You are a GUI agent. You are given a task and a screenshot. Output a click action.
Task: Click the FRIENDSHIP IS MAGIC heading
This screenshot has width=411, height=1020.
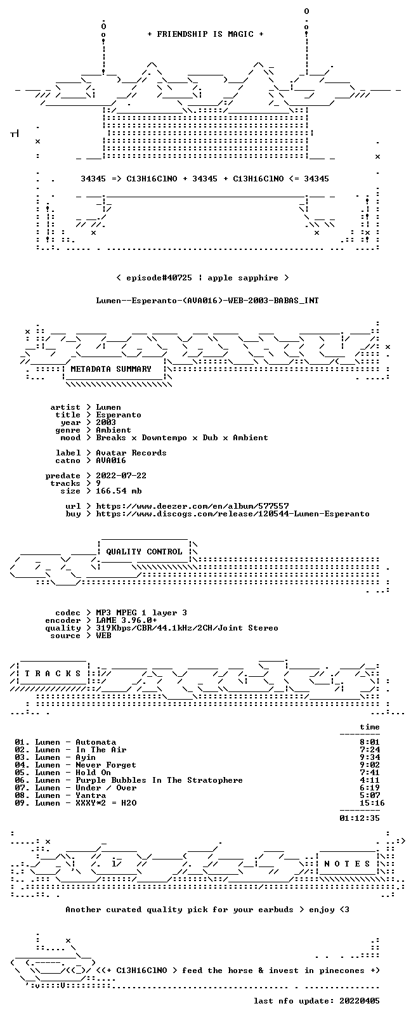[x=205, y=34]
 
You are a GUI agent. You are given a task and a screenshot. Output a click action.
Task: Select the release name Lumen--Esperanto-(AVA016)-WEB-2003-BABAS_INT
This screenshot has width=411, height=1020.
[x=207, y=301]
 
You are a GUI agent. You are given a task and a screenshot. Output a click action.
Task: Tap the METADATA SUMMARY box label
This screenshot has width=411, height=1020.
[x=111, y=369]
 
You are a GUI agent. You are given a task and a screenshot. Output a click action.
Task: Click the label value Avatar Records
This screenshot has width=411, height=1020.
[x=131, y=453]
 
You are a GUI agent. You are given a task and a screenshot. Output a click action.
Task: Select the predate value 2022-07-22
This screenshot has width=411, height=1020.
[x=121, y=475]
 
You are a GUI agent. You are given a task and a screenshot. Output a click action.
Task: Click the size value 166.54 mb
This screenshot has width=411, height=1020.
[x=119, y=491]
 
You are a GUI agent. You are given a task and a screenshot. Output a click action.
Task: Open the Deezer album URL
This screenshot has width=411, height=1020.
[x=192, y=506]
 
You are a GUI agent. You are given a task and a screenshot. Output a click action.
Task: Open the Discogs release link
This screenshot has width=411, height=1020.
[x=233, y=514]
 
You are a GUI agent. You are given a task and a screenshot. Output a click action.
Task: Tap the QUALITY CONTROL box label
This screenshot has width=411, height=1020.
[x=144, y=551]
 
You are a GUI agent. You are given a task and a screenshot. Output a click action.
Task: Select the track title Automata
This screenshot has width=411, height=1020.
[x=96, y=742]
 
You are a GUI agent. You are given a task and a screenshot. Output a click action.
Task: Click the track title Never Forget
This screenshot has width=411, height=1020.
[x=105, y=765]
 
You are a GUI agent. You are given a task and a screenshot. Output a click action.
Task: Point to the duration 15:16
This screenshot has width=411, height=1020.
[x=372, y=803]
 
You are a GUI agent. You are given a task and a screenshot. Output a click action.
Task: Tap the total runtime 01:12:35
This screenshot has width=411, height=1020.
[x=360, y=818]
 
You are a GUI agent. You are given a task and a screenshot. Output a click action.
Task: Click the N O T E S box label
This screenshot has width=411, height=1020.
[x=348, y=864]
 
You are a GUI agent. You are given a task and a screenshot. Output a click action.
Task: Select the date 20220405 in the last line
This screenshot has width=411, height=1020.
[x=360, y=1001]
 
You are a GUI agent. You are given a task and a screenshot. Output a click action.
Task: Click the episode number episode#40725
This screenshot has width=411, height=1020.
[x=159, y=278]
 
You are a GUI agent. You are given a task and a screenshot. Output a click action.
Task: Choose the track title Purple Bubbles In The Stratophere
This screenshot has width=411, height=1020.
[x=159, y=780]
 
